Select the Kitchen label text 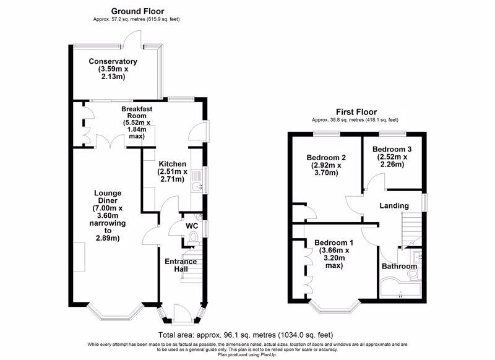pyautogui.click(x=173, y=164)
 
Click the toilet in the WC pyautogui.click(x=192, y=239)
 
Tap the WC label pyautogui.click(x=192, y=226)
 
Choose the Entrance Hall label pyautogui.click(x=181, y=265)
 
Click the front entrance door pyautogui.click(x=182, y=314)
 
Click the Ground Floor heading pyautogui.click(x=137, y=11)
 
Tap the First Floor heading pyautogui.click(x=356, y=112)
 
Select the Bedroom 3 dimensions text pyautogui.click(x=392, y=161)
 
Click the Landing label pyautogui.click(x=394, y=206)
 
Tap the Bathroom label pyautogui.click(x=399, y=267)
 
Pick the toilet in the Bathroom pyautogui.click(x=413, y=275)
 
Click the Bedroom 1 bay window pyautogui.click(x=335, y=306)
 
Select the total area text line pyautogui.click(x=246, y=335)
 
